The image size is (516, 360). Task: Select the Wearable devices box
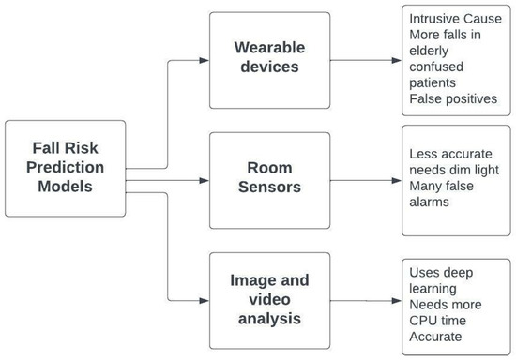pyautogui.click(x=269, y=60)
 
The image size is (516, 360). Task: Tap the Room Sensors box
pyautogui.click(x=269, y=178)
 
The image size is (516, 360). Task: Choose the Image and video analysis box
pyautogui.click(x=269, y=299)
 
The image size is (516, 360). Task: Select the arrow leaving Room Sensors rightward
pyautogui.click(x=366, y=178)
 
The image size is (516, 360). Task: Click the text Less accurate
pyautogui.click(x=449, y=154)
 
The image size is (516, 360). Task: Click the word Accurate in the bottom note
pyautogui.click(x=436, y=338)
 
